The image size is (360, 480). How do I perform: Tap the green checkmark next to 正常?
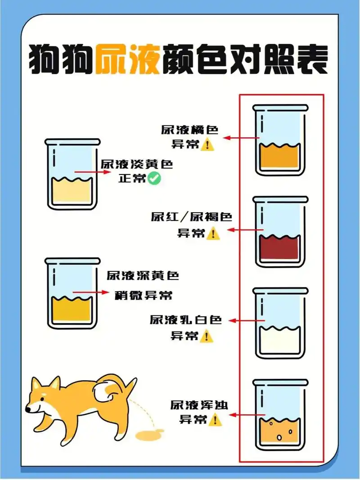(x=154, y=179)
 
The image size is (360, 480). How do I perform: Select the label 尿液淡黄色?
(x=136, y=165)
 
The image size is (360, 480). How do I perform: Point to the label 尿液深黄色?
(x=143, y=275)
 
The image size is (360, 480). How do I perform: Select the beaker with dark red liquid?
(x=280, y=232)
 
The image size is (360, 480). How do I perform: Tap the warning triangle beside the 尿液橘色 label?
(x=207, y=145)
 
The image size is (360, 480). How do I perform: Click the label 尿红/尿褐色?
(x=191, y=217)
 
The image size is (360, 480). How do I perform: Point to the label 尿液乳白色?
(x=186, y=320)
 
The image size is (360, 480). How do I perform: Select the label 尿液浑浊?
(x=199, y=405)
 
